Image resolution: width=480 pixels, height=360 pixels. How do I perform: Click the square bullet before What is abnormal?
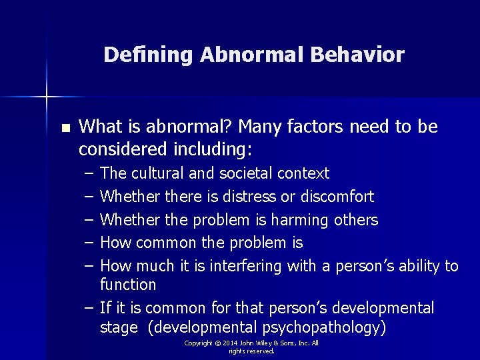point(65,127)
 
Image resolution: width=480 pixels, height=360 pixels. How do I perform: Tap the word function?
point(128,285)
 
